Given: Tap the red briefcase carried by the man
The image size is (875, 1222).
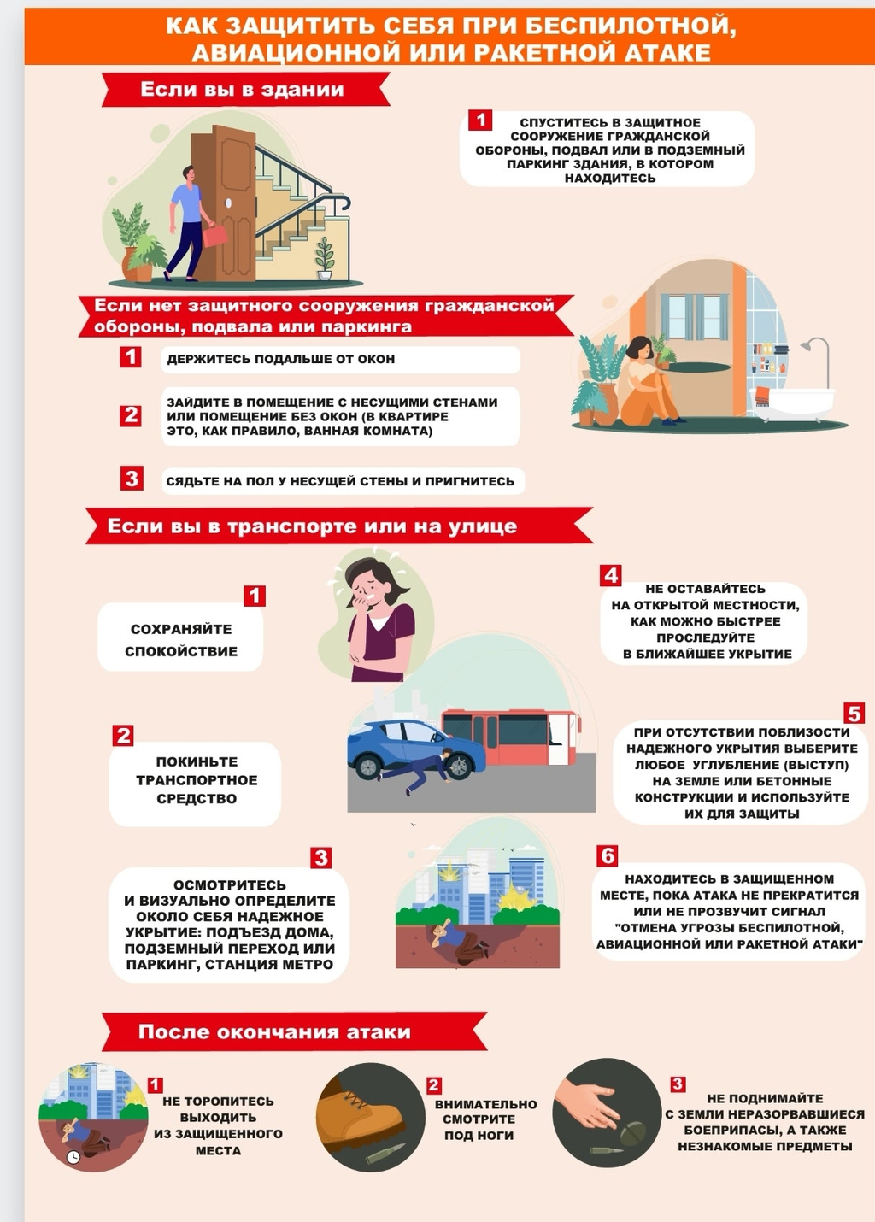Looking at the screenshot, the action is [215, 236].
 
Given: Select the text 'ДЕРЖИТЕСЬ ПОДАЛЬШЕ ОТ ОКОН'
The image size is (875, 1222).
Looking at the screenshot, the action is [281, 359].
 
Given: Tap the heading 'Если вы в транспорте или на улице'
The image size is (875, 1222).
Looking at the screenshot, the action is [312, 526].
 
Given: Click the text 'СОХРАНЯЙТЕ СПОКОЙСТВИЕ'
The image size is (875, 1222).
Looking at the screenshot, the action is [181, 640].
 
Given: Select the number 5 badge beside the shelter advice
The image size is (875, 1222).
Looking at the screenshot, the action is [854, 713].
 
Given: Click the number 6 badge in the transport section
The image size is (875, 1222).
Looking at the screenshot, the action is [608, 856].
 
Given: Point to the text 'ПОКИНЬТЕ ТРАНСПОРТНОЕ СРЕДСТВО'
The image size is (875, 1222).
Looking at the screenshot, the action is [197, 780].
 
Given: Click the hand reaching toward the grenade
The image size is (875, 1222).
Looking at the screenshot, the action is [589, 1103].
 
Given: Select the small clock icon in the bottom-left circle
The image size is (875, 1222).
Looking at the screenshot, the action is [73, 1156].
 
